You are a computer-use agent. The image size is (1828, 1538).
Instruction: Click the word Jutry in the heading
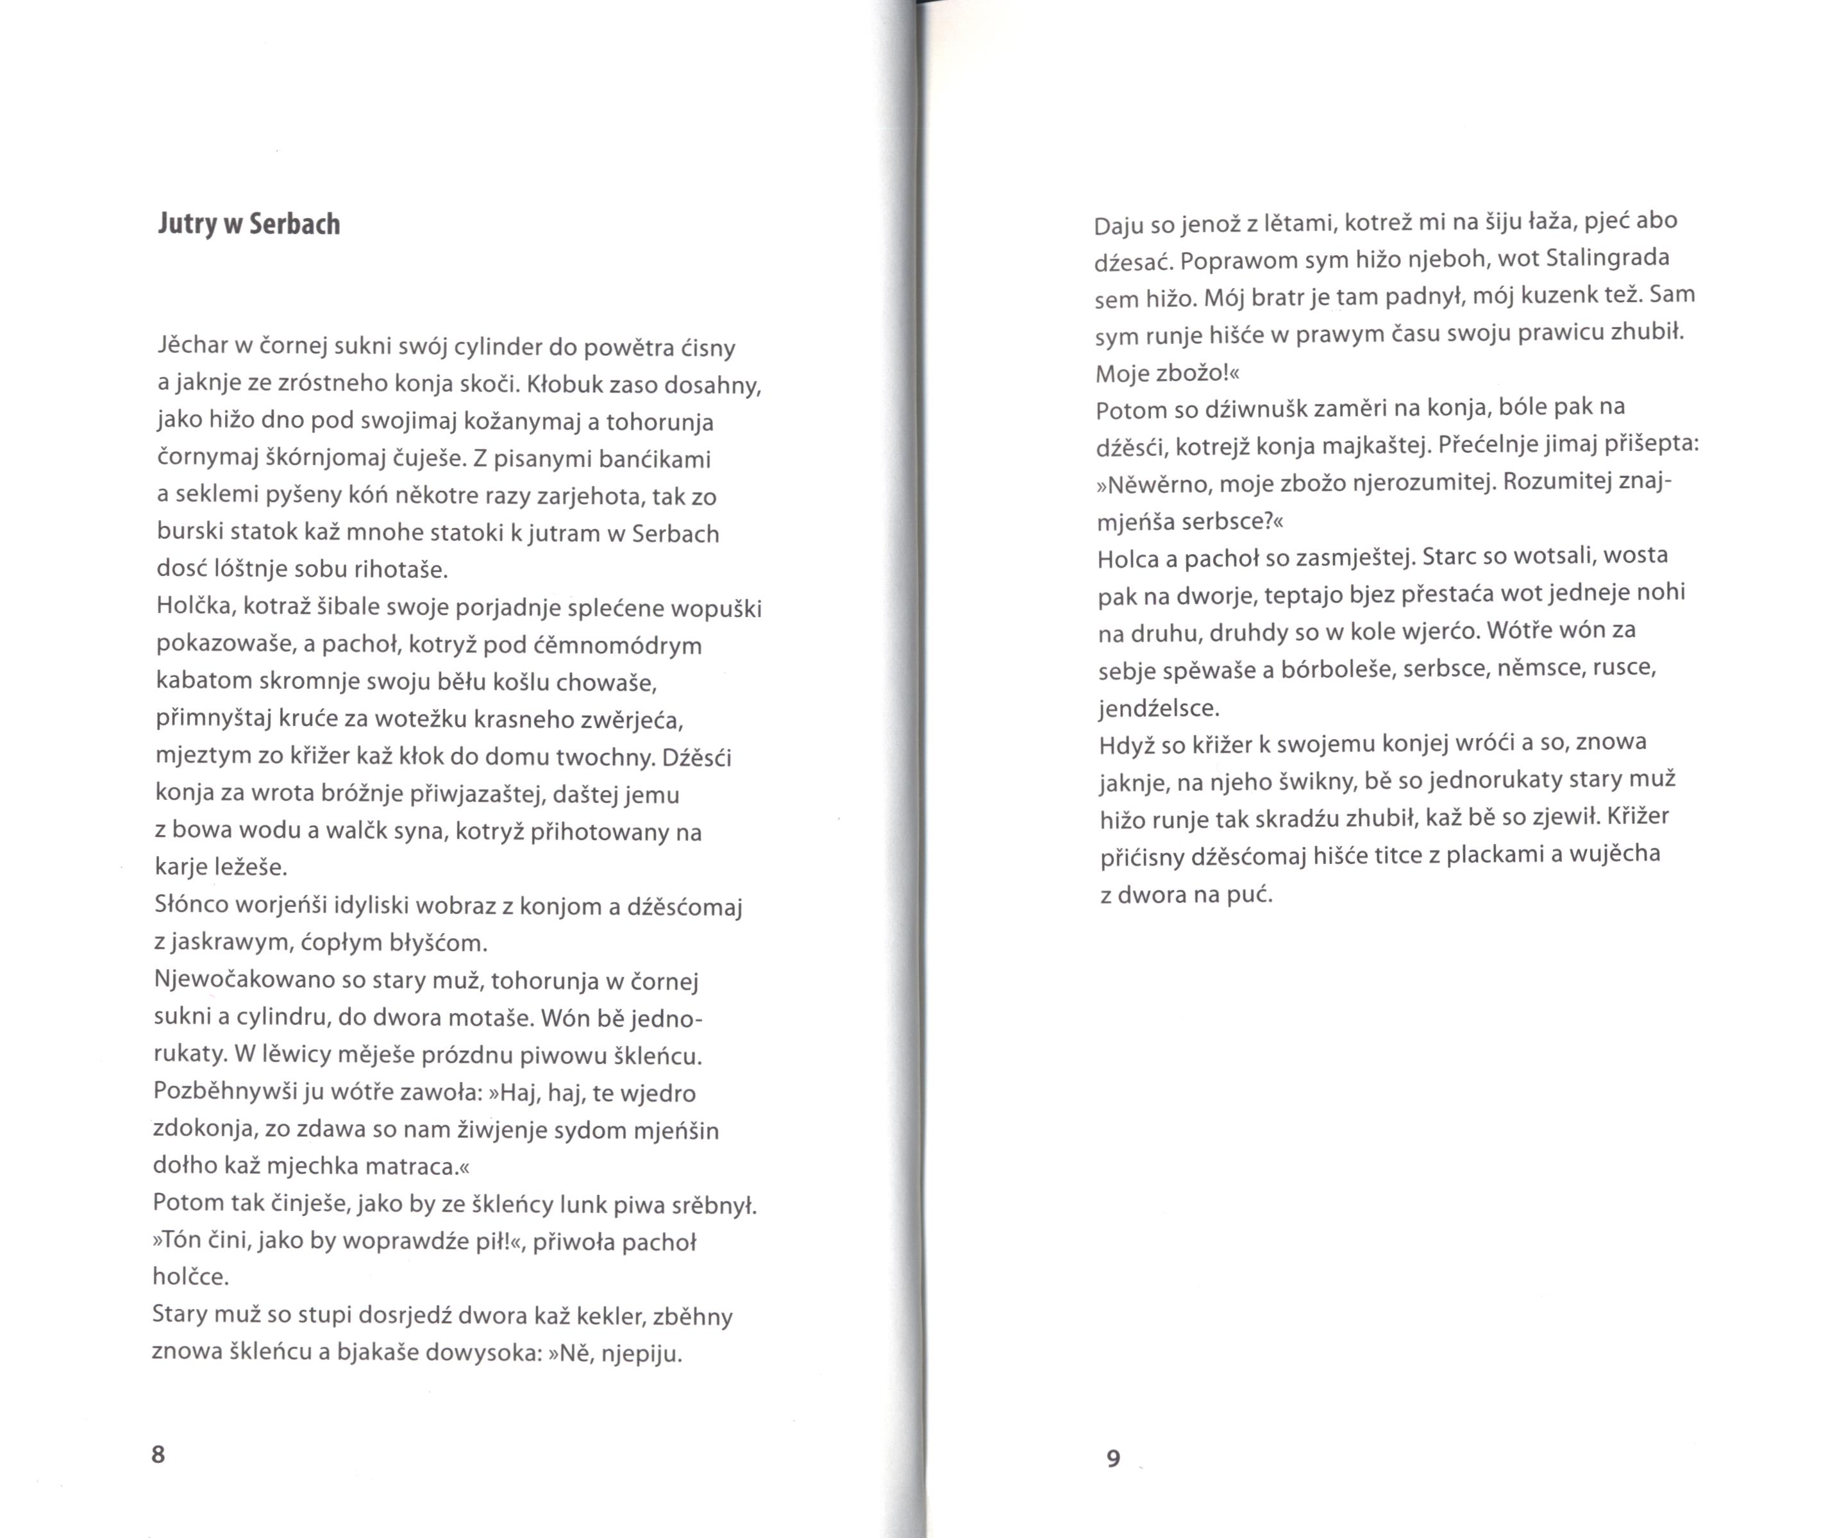pos(187,225)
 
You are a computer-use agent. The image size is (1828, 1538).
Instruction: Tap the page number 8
pos(158,1453)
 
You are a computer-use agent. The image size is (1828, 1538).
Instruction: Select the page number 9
pos(1113,1458)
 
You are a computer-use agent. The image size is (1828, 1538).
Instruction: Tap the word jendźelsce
pos(1159,707)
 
